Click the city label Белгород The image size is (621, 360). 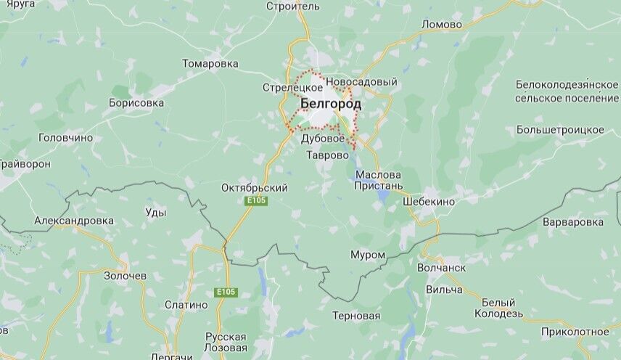click(x=330, y=104)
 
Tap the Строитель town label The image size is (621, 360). click(x=293, y=7)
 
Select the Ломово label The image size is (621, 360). click(x=442, y=24)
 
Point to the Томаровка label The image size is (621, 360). click(x=210, y=63)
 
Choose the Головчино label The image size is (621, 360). click(x=66, y=137)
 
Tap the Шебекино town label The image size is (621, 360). click(x=429, y=201)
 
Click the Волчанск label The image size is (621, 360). click(x=441, y=267)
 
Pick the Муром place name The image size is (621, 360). click(x=368, y=255)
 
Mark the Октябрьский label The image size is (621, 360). click(x=255, y=188)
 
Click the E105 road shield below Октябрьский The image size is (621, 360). click(x=256, y=201)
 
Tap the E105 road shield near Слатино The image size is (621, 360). click(x=226, y=292)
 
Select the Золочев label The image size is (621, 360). click(x=125, y=276)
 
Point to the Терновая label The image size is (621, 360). click(x=356, y=316)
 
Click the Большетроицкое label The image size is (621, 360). click(x=560, y=129)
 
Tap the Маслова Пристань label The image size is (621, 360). click(x=378, y=180)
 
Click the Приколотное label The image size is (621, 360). click(x=575, y=332)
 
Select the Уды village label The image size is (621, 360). click(x=156, y=213)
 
